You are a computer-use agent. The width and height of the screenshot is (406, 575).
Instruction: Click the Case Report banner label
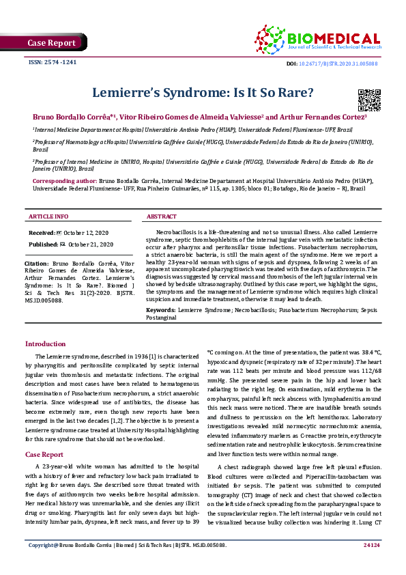point(51,43)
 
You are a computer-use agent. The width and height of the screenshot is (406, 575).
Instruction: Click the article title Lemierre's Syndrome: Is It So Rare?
point(202,93)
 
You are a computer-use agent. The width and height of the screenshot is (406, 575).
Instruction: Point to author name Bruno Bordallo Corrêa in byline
point(74,117)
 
